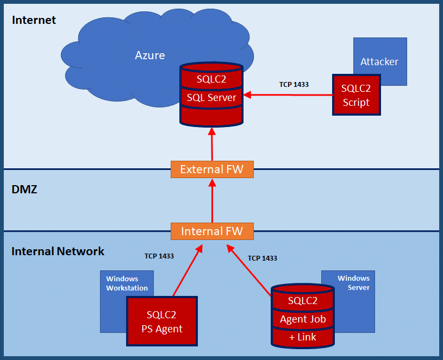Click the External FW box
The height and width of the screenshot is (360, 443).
tap(212, 169)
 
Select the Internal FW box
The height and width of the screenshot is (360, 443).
tap(212, 231)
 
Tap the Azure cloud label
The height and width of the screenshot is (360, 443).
tap(150, 55)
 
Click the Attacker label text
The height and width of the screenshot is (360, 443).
tap(379, 61)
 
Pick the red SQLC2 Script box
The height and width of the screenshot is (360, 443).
tap(356, 95)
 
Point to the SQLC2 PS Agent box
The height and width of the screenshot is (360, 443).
tap(161, 321)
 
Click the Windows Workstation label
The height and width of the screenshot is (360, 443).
tap(127, 283)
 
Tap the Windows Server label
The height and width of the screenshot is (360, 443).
tap(354, 283)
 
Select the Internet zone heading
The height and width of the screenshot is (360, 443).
tap(34, 21)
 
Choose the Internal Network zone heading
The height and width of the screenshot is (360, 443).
tap(58, 251)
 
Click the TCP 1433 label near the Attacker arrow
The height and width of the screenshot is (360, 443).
tap(294, 85)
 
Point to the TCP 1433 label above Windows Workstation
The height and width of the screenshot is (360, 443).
tap(159, 256)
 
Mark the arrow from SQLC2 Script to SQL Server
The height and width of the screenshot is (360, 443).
tap(288, 96)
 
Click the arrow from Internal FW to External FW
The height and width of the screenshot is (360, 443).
tap(212, 200)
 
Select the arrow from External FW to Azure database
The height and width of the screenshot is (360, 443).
tap(212, 144)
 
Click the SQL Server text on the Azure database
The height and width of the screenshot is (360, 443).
tap(211, 98)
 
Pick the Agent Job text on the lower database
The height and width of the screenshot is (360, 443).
tap(303, 319)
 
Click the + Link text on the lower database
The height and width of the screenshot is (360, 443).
tap(303, 337)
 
